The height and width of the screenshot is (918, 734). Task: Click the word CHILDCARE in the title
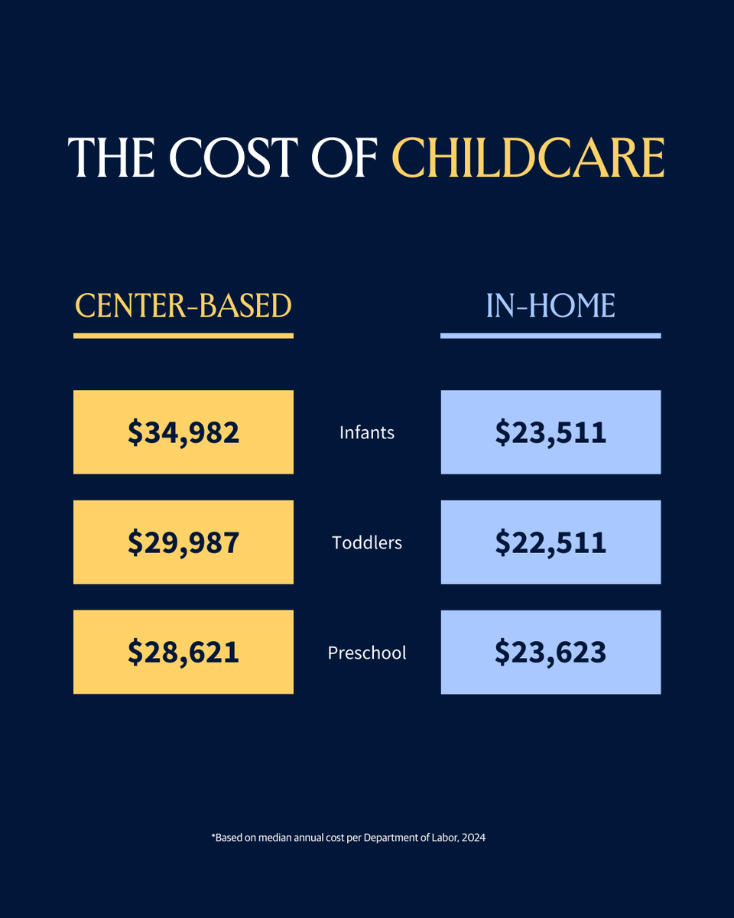pyautogui.click(x=528, y=158)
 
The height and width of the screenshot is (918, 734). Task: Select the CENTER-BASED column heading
pyautogui.click(x=183, y=306)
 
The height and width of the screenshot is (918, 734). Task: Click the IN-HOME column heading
pyautogui.click(x=550, y=306)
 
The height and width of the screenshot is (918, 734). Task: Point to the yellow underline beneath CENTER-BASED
pyautogui.click(x=183, y=335)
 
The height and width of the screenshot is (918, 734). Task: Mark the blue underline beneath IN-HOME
pyautogui.click(x=550, y=335)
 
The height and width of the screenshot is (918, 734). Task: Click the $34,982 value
pyautogui.click(x=183, y=432)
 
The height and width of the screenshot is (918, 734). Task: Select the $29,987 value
pyautogui.click(x=183, y=542)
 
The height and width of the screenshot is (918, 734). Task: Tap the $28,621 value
pyautogui.click(x=183, y=652)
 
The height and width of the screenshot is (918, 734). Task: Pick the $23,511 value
pyautogui.click(x=550, y=432)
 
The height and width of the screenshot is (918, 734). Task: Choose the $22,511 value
pyautogui.click(x=550, y=542)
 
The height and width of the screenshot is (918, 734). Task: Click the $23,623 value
pyautogui.click(x=550, y=652)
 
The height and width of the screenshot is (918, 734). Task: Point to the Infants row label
pyautogui.click(x=367, y=432)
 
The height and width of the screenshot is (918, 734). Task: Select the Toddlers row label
pyautogui.click(x=367, y=542)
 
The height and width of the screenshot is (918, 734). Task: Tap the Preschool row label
pyautogui.click(x=367, y=653)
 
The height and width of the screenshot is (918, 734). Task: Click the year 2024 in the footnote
pyautogui.click(x=474, y=838)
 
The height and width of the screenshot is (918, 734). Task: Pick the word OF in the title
pyautogui.click(x=348, y=158)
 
